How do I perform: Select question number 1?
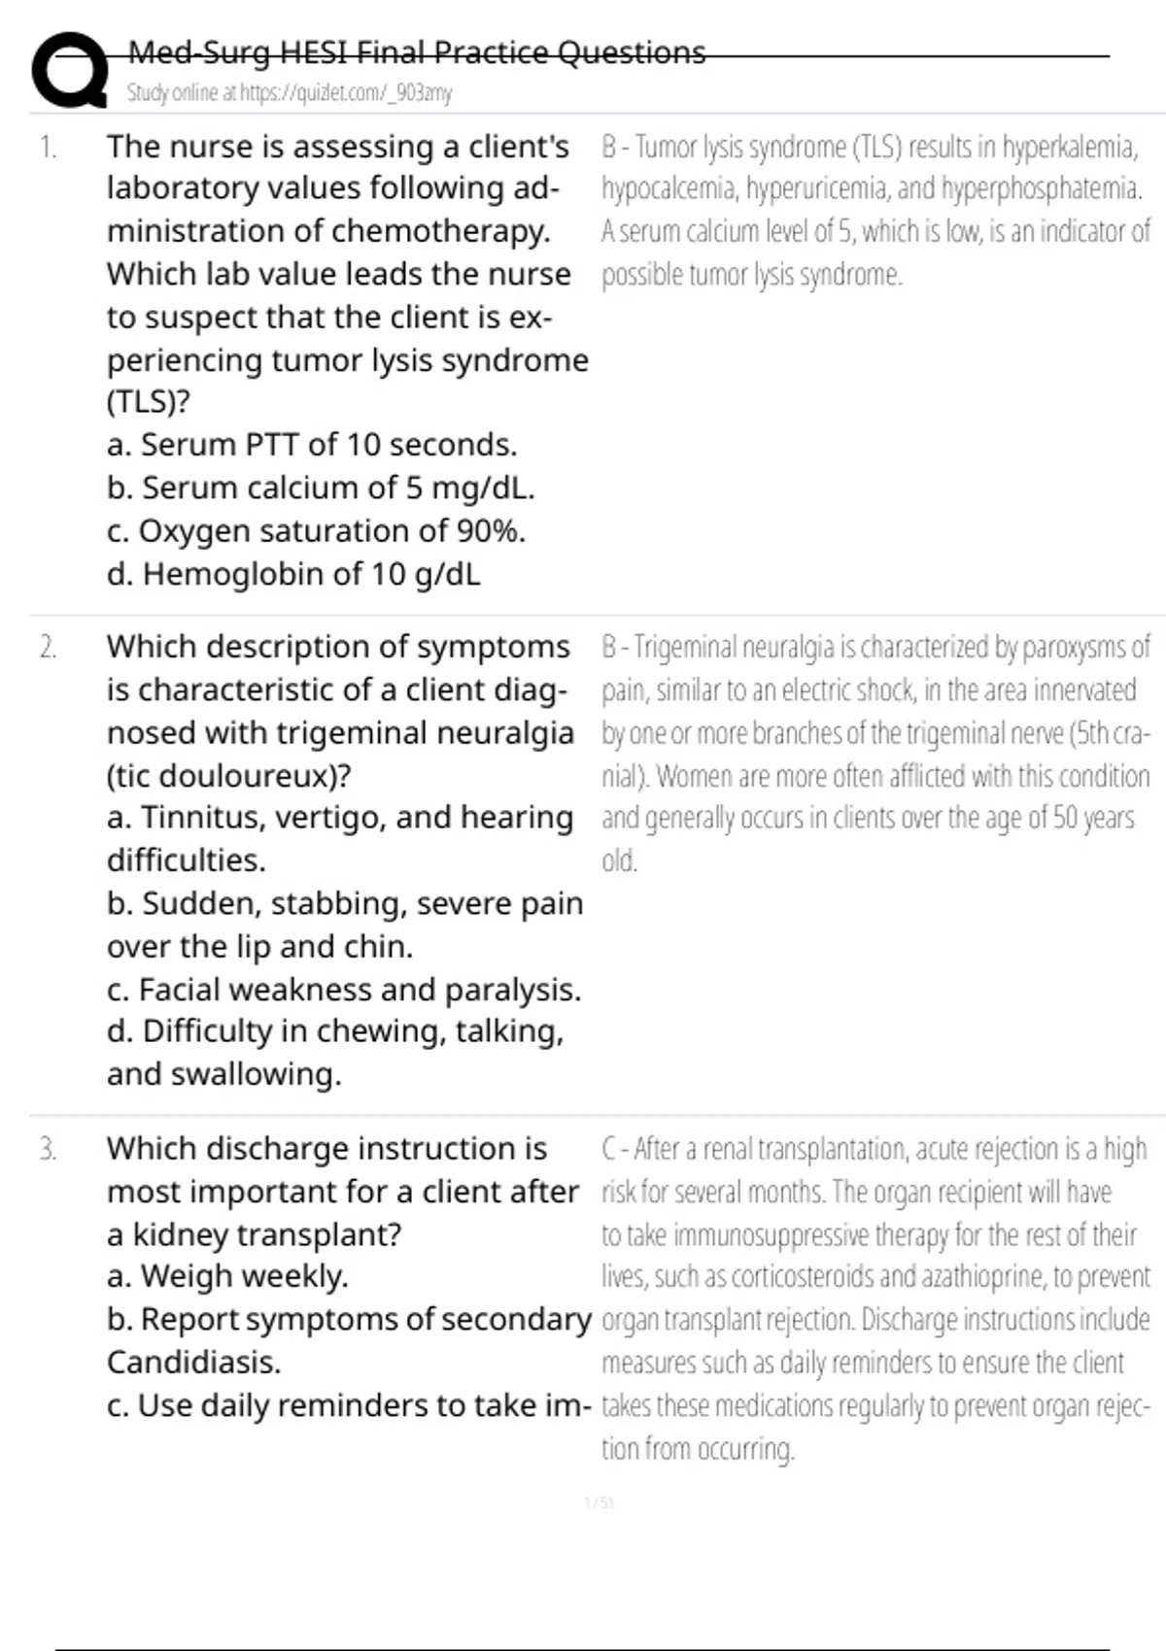48,148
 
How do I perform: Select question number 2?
48,648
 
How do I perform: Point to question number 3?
48,1150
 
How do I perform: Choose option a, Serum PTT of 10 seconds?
312,445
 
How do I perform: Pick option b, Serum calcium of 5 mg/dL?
321,488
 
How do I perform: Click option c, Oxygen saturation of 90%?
317,531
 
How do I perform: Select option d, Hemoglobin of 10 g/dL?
293,574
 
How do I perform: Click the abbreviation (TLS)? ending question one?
148,402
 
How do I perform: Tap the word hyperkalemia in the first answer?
1070,148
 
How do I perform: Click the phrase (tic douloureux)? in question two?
229,776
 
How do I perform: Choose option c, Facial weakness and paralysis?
344,990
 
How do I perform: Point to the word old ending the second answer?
619,861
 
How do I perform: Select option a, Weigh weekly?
227,1276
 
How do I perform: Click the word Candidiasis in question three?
193,1363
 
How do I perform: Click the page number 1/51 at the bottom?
600,1503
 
